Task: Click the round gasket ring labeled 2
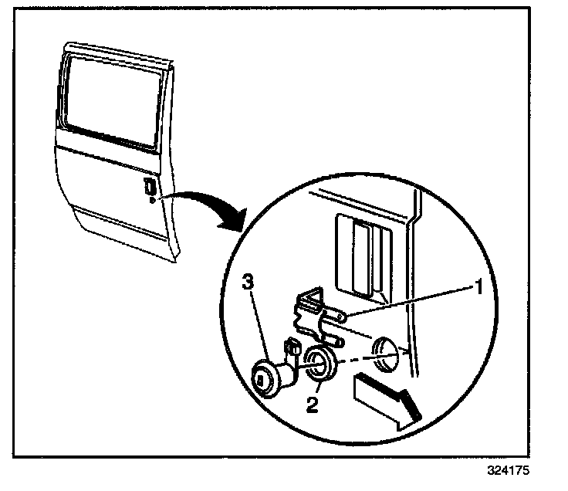tap(317, 365)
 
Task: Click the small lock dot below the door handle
tap(151, 199)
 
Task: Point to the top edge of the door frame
tap(116, 49)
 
